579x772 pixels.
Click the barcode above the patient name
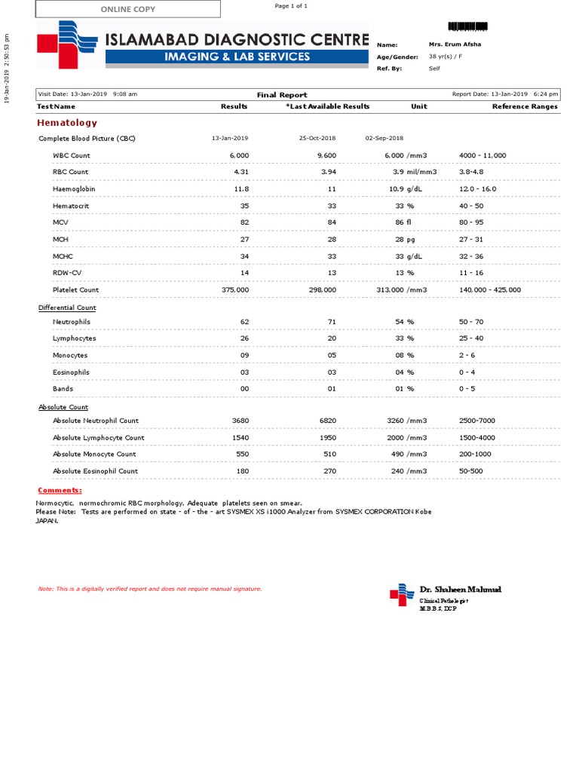[467, 26]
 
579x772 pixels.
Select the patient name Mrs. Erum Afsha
[455, 44]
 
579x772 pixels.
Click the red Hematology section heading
[67, 122]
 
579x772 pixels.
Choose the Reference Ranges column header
[525, 106]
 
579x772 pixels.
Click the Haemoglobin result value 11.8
[240, 188]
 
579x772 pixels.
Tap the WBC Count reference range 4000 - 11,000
[482, 155]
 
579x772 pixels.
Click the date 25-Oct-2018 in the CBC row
[318, 139]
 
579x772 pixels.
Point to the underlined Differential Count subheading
[67, 308]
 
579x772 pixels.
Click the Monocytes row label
[70, 355]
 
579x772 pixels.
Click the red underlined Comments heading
[60, 490]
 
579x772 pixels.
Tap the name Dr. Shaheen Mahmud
[460, 589]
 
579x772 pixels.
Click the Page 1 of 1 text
[291, 6]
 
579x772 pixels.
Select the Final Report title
[282, 95]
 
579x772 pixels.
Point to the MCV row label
[60, 222]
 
